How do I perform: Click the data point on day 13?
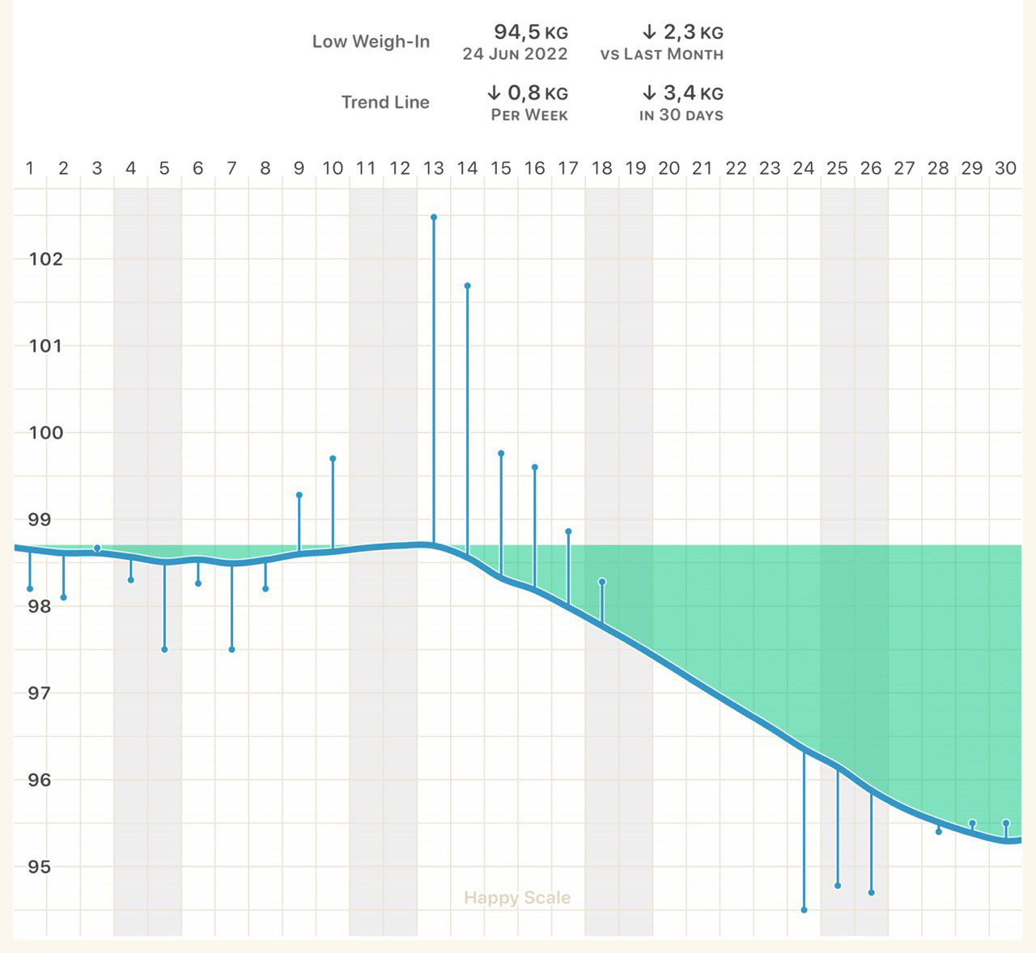tap(434, 217)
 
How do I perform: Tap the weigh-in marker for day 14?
tap(468, 286)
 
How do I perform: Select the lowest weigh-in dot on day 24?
tap(804, 910)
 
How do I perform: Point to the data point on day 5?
tap(164, 650)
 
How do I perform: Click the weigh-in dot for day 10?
tap(333, 459)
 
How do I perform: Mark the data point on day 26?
tap(871, 892)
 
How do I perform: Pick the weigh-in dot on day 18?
tap(602, 582)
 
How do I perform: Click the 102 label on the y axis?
tap(45, 259)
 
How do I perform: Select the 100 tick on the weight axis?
tap(45, 432)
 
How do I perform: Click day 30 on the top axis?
tap(1005, 168)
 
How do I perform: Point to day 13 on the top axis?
tap(434, 168)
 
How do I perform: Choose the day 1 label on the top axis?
tap(30, 168)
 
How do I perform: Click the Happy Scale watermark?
tap(517, 897)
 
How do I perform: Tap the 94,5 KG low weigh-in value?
tap(531, 32)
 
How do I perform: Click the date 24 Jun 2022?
tap(515, 54)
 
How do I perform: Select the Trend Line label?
tap(385, 102)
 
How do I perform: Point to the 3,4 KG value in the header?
tap(682, 93)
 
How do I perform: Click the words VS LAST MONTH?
tap(662, 54)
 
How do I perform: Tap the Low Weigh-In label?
tap(371, 41)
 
